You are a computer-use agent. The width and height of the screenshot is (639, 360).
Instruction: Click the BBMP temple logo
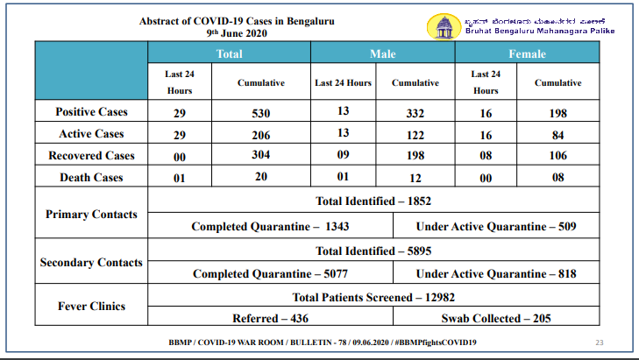444,27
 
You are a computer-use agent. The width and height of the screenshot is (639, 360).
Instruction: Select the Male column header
383,53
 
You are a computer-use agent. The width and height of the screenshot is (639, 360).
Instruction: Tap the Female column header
527,53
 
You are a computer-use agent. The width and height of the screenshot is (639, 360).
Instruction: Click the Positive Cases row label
91,111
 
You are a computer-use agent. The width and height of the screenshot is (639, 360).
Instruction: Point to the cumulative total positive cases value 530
261,113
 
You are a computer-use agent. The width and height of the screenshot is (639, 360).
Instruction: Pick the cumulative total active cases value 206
261,135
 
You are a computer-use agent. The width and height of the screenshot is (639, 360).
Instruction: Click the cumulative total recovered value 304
261,155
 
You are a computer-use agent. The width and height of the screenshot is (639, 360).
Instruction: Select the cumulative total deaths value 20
261,176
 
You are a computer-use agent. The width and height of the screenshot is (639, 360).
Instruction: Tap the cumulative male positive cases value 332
415,113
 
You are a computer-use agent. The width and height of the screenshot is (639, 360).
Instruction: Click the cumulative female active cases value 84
557,135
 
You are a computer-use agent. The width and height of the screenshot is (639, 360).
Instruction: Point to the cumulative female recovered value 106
557,155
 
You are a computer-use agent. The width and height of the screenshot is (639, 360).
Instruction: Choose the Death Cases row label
91,178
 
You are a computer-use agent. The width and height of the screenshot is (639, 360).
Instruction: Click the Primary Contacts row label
91,215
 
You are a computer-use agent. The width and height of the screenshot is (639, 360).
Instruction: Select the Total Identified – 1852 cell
373,201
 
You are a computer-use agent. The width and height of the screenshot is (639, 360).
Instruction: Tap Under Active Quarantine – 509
496,227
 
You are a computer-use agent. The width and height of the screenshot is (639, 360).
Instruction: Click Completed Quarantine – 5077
270,273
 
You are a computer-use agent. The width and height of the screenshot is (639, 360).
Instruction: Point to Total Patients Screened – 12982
373,297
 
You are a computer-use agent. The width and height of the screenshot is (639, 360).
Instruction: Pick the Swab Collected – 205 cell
496,319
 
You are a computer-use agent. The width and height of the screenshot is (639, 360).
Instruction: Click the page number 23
599,342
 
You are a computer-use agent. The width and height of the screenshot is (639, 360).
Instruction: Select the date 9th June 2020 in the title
237,33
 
